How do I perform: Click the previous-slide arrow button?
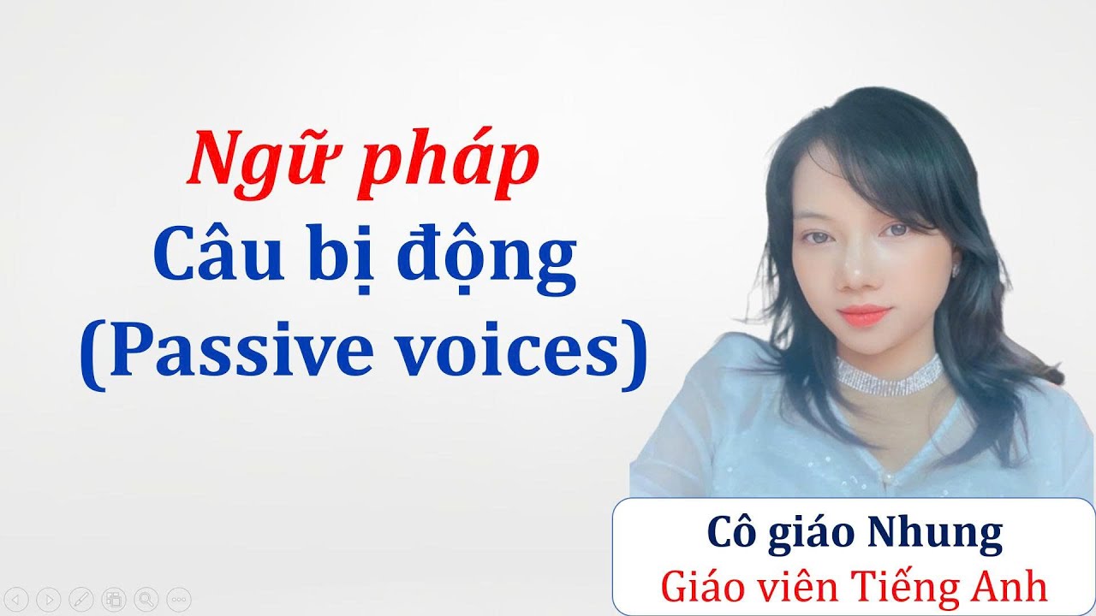(x=19, y=598)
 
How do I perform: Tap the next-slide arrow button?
(x=51, y=598)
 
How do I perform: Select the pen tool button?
(x=82, y=598)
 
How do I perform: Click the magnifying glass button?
(x=146, y=598)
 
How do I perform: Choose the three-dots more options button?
(x=178, y=598)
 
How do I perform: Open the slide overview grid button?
(x=114, y=598)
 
